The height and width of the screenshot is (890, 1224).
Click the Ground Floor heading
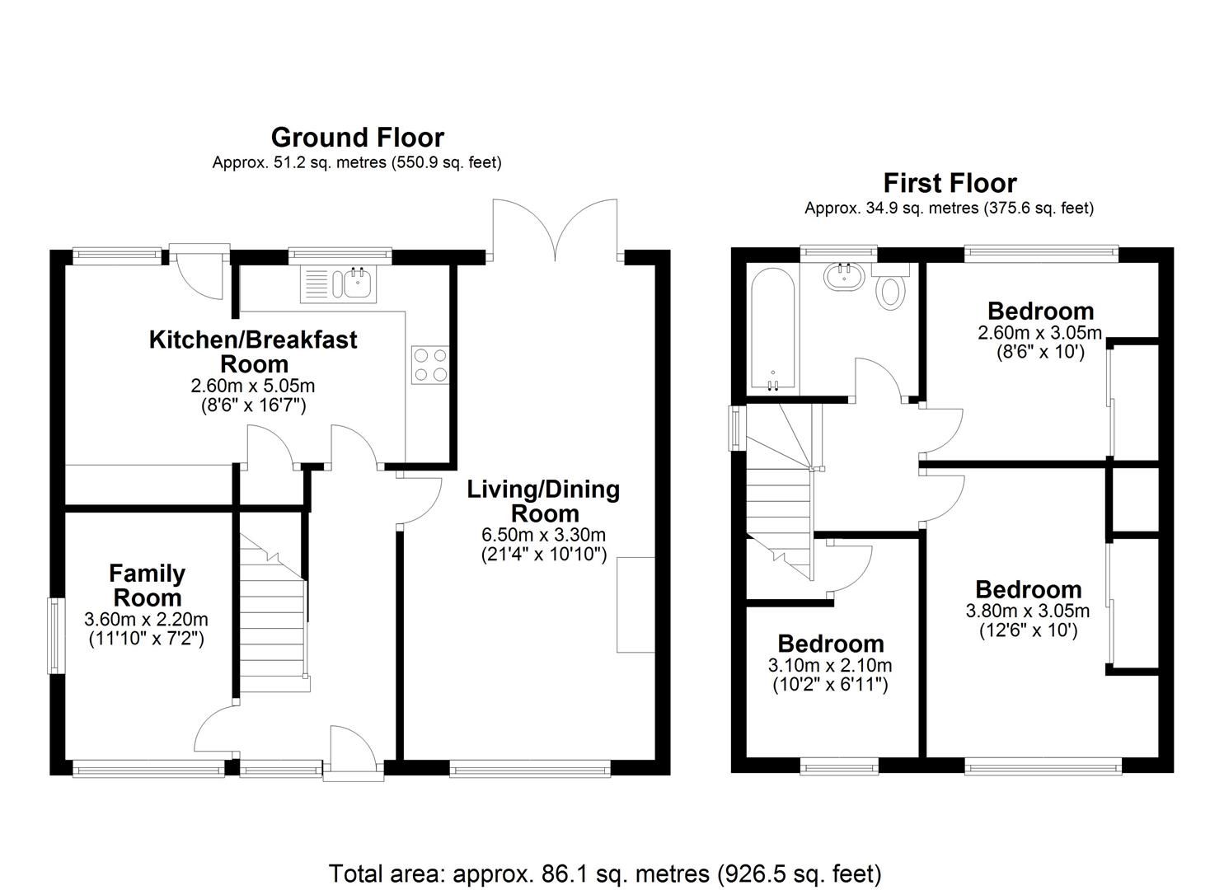(x=357, y=137)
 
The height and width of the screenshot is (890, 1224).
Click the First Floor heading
(x=950, y=182)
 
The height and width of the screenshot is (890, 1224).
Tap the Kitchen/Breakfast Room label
(x=253, y=351)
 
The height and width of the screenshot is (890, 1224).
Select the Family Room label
(x=147, y=585)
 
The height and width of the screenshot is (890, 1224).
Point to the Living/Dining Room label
(x=543, y=500)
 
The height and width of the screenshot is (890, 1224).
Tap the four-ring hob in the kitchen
(x=429, y=363)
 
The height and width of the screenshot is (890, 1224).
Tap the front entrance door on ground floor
(x=353, y=752)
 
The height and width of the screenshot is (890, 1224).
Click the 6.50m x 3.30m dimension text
(x=543, y=535)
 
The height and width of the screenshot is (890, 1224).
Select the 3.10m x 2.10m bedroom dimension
(x=830, y=665)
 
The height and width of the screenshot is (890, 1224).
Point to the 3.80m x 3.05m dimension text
(x=1027, y=611)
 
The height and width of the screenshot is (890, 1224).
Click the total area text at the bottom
(x=605, y=873)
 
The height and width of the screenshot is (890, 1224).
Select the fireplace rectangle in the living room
(x=635, y=605)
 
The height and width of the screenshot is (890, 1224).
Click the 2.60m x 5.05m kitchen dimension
(x=253, y=386)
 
